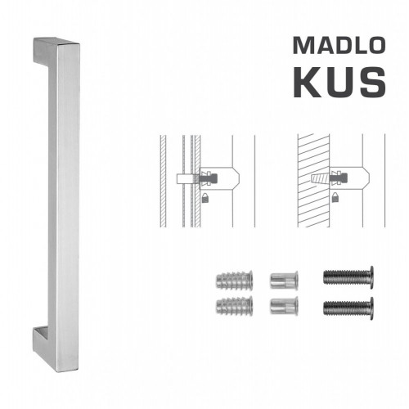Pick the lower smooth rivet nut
coord(281,308)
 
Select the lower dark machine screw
coord(348,309)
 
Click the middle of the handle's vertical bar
coord(68,196)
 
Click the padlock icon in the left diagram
coord(202,197)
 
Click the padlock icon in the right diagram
coord(337,197)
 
